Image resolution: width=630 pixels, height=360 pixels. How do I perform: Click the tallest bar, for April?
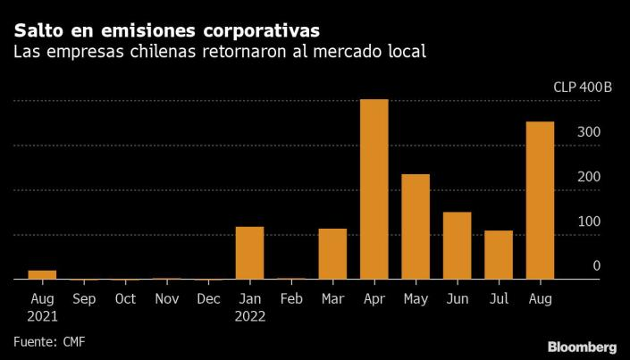coord(374,189)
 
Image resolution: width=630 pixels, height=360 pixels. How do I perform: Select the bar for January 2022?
coord(249,253)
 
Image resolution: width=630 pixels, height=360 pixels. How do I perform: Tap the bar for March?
coord(332,254)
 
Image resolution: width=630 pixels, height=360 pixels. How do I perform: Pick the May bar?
coord(416,227)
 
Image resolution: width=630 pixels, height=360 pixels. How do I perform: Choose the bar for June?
coord(457,246)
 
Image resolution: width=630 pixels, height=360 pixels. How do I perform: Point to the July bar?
coord(499,255)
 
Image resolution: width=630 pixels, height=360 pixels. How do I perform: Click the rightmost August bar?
coord(540,200)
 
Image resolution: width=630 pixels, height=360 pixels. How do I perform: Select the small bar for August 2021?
coord(42,275)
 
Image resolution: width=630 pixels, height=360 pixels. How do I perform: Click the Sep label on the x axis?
coord(83,298)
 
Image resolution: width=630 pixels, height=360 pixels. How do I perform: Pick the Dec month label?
coord(208,298)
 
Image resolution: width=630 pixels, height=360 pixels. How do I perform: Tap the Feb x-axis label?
coord(291,298)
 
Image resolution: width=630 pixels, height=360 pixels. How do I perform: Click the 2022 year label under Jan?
coord(249,315)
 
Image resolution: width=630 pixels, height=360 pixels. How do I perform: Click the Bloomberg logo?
coord(582,346)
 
